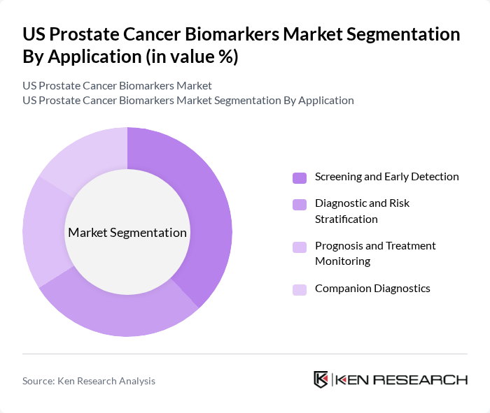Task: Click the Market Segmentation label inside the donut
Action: [x=127, y=233]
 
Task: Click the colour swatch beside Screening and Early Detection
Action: [x=300, y=177]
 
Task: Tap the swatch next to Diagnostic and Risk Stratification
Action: [x=300, y=205]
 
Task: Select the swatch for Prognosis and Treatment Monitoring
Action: [x=300, y=247]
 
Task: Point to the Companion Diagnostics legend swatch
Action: [x=300, y=289]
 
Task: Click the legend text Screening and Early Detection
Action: [x=386, y=177]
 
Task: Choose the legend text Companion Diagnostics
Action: [x=372, y=289]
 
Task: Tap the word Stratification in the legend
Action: [x=346, y=219]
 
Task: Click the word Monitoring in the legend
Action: [x=342, y=261]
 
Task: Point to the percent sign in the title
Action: [x=226, y=57]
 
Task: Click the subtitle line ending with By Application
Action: [x=188, y=101]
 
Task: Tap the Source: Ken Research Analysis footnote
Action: [x=89, y=381]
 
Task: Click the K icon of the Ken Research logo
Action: [x=321, y=379]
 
